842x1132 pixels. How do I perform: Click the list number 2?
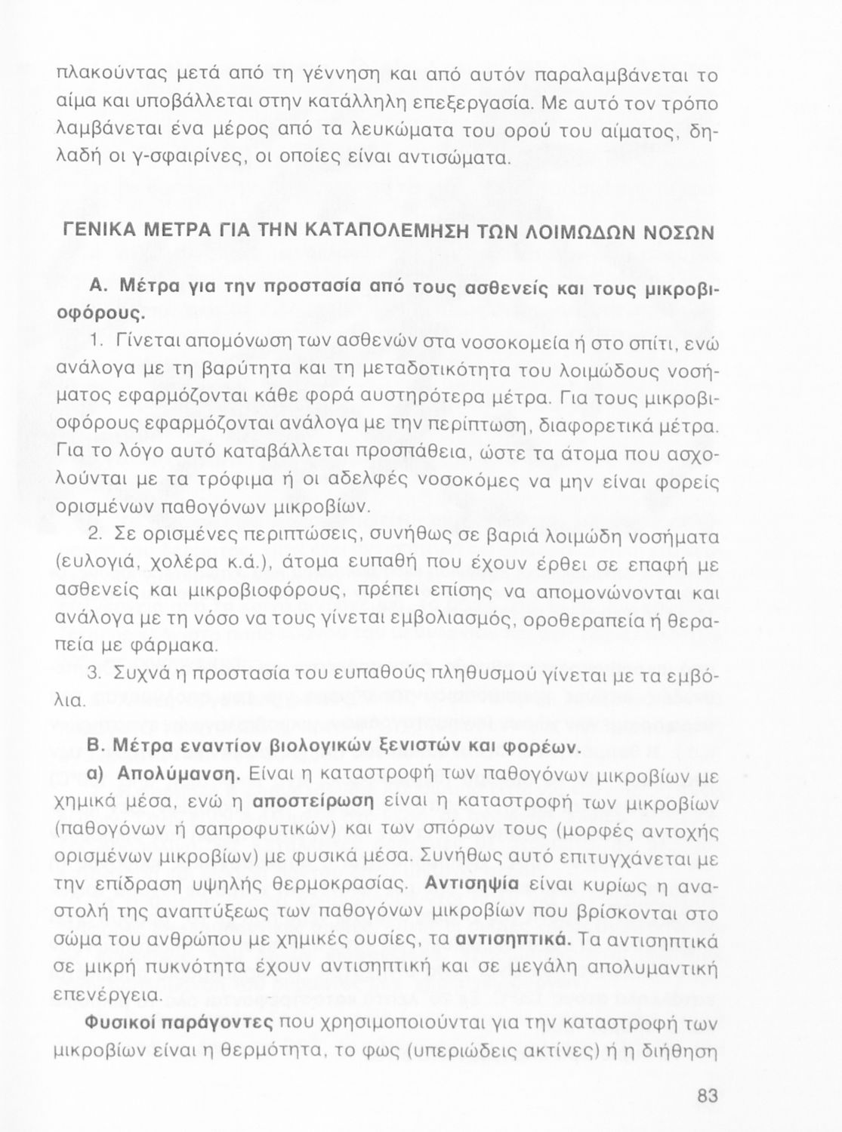coord(95,535)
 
